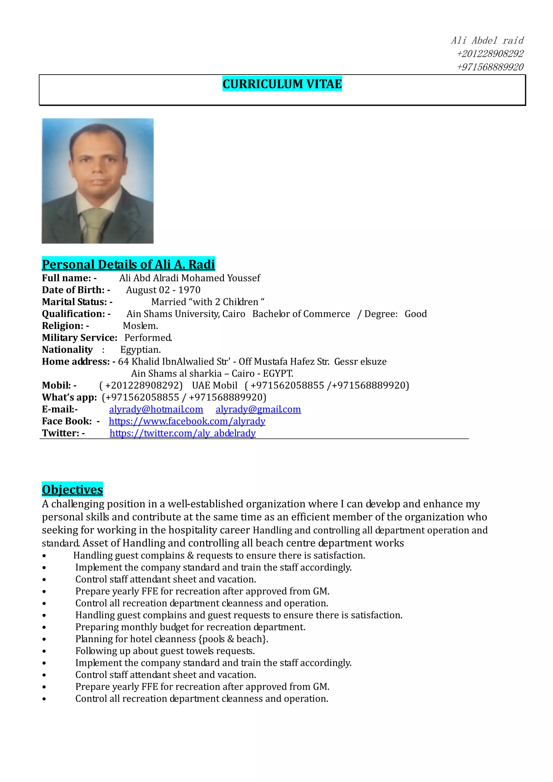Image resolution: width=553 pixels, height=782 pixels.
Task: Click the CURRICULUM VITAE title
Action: (282, 84)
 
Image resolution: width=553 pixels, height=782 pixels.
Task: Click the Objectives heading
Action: (72, 490)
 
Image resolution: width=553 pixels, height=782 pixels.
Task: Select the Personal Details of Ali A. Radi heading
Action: (128, 264)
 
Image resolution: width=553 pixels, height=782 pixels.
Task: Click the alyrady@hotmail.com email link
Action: (156, 409)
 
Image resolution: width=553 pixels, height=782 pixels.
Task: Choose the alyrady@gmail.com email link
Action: (258, 409)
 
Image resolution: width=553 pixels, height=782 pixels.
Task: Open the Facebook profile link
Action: (187, 421)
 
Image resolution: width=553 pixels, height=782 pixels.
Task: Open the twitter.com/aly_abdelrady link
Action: (183, 433)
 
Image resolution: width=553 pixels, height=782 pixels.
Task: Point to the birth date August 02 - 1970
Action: (163, 290)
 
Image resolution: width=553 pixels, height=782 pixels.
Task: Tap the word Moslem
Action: (140, 326)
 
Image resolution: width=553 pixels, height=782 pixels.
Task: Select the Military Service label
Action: (79, 338)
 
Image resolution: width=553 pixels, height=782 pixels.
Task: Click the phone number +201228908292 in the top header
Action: (490, 54)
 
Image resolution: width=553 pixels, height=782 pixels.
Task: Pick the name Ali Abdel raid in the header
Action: (487, 41)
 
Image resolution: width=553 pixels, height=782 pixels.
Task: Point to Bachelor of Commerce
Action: (301, 314)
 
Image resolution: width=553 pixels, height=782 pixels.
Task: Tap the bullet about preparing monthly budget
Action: (190, 627)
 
